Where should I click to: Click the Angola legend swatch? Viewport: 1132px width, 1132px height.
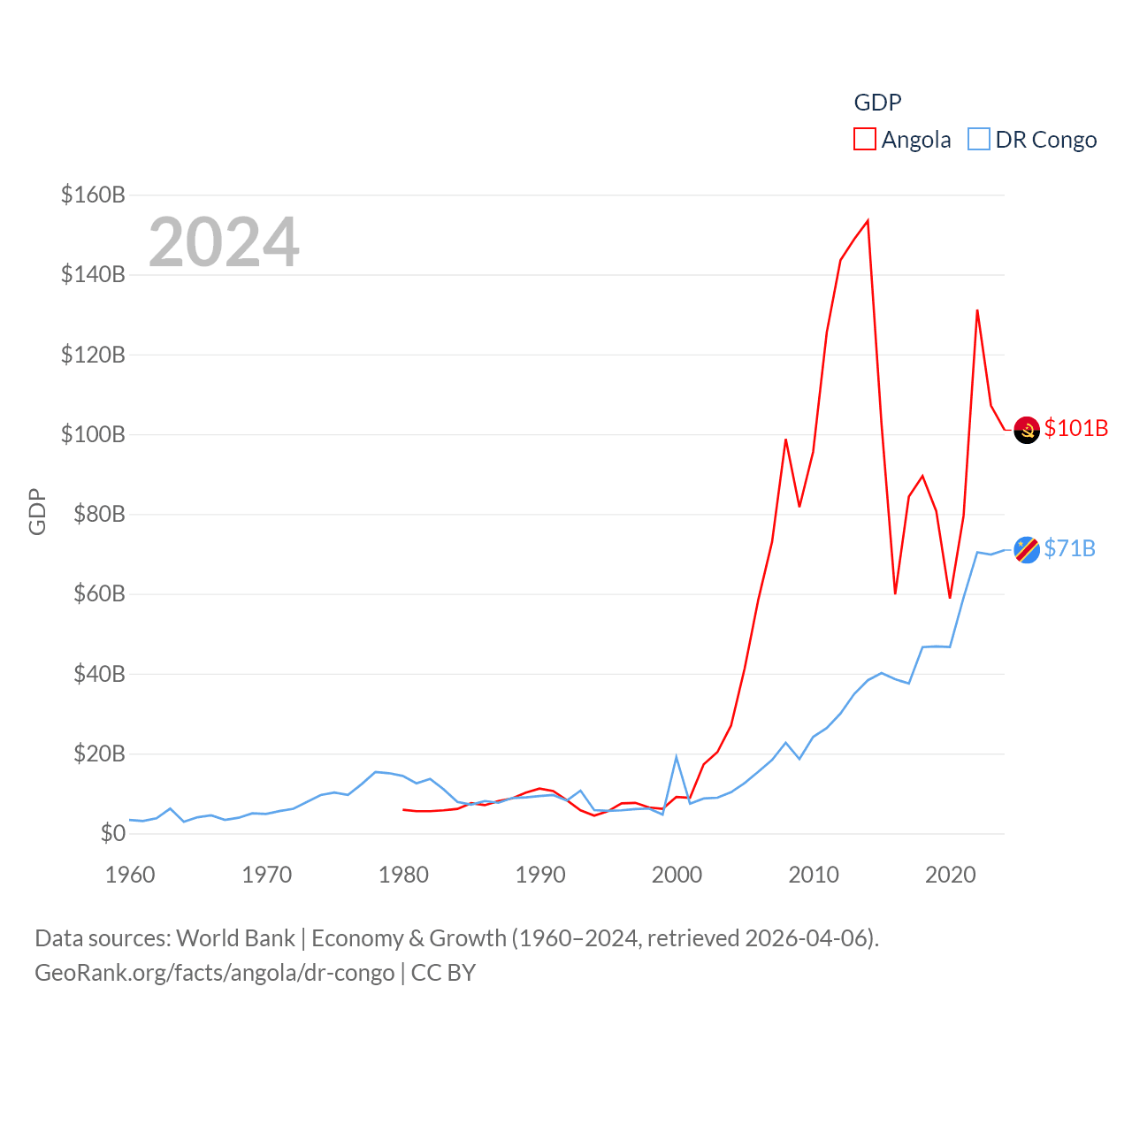(x=864, y=140)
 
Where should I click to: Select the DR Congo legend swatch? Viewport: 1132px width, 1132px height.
(x=978, y=140)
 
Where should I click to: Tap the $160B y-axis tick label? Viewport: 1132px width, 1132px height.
(x=93, y=195)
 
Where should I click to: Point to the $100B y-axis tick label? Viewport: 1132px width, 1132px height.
(x=93, y=434)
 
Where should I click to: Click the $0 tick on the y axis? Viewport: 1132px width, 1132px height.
(x=112, y=833)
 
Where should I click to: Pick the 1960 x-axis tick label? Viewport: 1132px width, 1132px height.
(x=130, y=875)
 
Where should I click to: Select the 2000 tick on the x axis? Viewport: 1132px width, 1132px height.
(x=677, y=875)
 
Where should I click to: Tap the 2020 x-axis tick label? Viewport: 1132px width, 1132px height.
(x=950, y=875)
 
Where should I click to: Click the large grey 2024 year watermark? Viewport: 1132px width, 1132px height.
(x=224, y=242)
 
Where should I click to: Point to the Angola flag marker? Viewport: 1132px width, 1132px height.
(x=1027, y=430)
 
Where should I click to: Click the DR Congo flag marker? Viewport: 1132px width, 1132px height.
(x=1027, y=550)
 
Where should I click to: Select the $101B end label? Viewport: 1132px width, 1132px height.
(x=1075, y=428)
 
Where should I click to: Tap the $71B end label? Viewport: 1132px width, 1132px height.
(x=1069, y=548)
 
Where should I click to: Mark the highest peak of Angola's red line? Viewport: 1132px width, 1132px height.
(x=868, y=220)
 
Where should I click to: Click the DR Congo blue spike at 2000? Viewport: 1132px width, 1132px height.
(x=677, y=757)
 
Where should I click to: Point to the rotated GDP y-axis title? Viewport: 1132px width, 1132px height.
(x=37, y=511)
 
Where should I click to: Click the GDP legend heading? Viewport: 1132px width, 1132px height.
(x=877, y=103)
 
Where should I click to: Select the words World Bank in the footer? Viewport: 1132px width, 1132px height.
(x=235, y=937)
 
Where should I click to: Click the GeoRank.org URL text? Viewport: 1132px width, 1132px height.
(x=215, y=973)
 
